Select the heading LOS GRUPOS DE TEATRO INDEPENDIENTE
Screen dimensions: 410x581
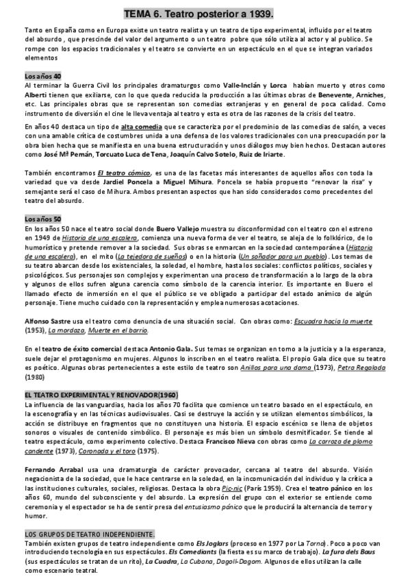pos(89,533)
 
